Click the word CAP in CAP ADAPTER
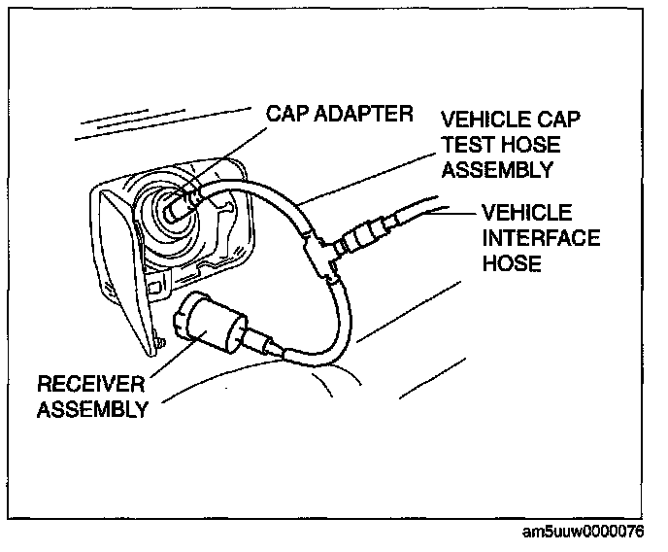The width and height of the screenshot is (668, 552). pyautogui.click(x=288, y=116)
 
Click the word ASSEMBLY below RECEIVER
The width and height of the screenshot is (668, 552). pyautogui.click(x=91, y=408)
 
